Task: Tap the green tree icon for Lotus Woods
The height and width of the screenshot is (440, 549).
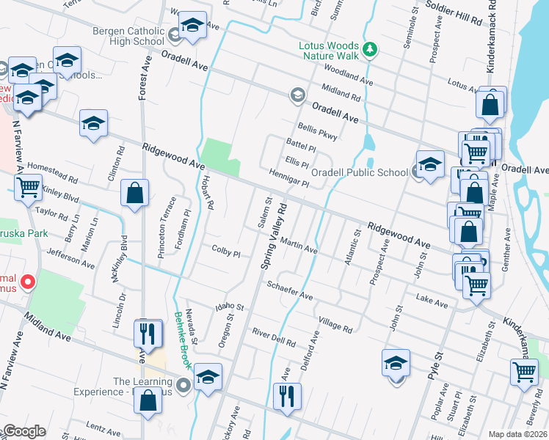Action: point(371,49)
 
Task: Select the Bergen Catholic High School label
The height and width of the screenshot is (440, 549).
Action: point(128,36)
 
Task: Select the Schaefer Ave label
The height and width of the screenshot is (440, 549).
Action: point(290,291)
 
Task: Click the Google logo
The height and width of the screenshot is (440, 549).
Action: point(24,431)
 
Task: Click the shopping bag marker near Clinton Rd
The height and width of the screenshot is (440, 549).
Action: point(135,195)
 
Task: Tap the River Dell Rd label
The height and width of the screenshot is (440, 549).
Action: point(273,337)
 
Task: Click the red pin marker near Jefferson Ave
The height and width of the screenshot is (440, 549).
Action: point(28,281)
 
